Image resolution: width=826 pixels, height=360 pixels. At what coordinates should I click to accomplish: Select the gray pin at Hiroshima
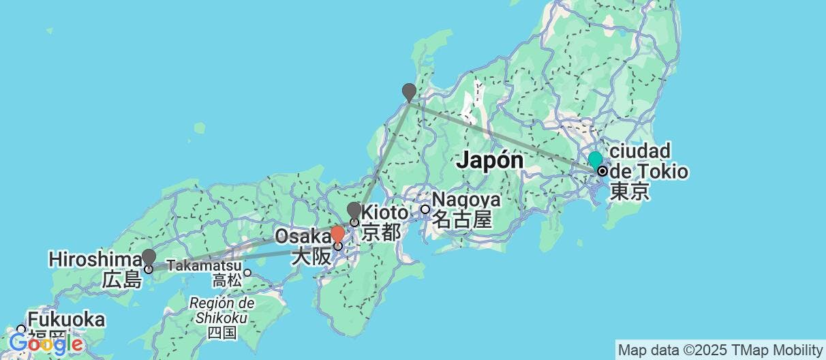coord(149,257)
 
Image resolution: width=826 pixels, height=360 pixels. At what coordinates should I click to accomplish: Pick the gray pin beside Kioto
coord(354,210)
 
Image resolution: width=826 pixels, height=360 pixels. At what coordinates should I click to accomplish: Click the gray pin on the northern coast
coord(408,91)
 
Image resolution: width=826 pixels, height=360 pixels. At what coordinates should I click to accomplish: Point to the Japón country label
coord(490,161)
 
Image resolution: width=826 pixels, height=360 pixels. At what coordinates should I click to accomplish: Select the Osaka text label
coord(303,237)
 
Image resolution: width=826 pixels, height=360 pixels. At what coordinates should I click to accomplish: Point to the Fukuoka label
coord(66,319)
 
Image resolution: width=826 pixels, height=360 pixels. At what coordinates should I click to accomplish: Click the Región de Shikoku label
coord(222,310)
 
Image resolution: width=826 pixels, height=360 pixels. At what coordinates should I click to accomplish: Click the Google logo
coord(45,344)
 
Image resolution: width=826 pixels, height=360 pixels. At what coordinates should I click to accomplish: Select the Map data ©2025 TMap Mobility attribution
coord(719,350)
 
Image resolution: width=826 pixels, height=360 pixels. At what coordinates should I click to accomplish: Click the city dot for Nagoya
coord(425,209)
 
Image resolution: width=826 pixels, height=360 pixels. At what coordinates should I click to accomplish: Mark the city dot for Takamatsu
coord(248,273)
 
